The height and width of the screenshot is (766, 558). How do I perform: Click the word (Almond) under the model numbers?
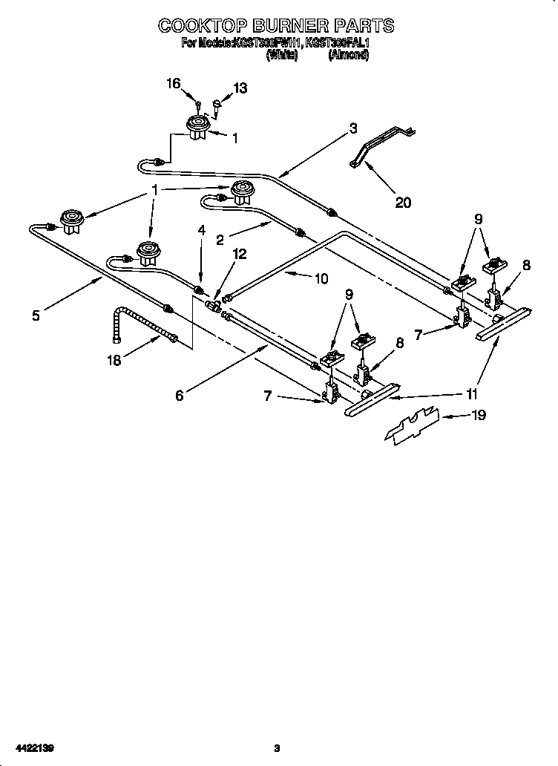[348, 55]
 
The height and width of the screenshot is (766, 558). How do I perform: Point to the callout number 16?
[173, 84]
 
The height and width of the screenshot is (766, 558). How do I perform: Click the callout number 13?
[240, 88]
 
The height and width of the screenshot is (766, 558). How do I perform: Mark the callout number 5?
[36, 315]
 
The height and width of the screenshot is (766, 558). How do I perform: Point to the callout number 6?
[179, 396]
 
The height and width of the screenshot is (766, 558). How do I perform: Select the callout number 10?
[321, 280]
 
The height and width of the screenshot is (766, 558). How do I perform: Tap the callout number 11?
[471, 393]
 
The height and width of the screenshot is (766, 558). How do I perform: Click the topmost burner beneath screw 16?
[197, 128]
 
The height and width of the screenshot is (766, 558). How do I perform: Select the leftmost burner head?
[72, 220]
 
